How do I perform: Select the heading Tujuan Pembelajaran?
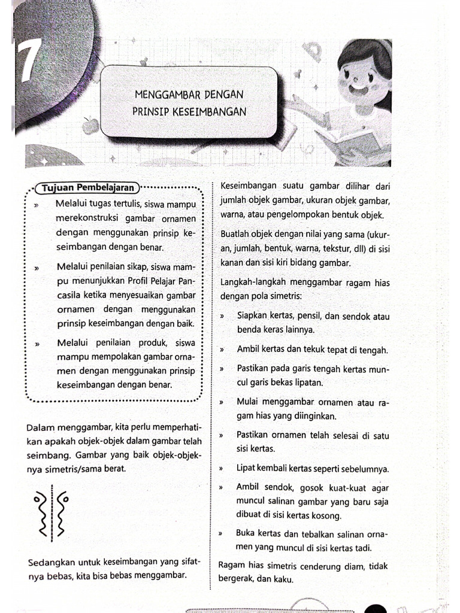pyautogui.click(x=87, y=188)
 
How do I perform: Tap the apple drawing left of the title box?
pyautogui.click(x=90, y=126)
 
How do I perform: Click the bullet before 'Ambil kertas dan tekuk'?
pyautogui.click(x=222, y=350)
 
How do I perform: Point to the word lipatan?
pyautogui.click(x=307, y=383)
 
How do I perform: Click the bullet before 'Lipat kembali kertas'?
pyautogui.click(x=222, y=469)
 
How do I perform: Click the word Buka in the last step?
pyautogui.click(x=247, y=532)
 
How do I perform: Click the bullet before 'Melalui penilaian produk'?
pyautogui.click(x=37, y=344)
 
